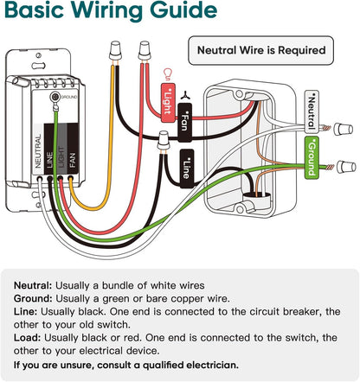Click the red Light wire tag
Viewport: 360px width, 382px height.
[168, 103]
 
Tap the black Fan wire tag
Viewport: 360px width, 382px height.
[185, 123]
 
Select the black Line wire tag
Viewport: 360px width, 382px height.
[186, 169]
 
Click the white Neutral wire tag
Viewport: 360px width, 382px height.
[312, 111]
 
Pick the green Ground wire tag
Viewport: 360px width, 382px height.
[312, 157]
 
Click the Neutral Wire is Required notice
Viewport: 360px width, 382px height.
[261, 50]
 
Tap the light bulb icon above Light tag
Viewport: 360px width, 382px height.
[167, 74]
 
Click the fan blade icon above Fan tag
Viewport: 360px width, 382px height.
[185, 95]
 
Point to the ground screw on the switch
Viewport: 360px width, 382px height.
[54, 97]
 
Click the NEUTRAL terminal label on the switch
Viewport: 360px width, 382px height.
[38, 151]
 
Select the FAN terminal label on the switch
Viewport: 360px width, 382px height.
[73, 160]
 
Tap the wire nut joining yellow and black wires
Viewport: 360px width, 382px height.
[115, 51]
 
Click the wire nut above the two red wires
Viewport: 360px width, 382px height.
[145, 51]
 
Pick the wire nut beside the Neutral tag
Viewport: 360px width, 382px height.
[344, 129]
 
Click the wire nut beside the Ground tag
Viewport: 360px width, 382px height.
[346, 167]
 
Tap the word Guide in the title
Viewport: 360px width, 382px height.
[183, 10]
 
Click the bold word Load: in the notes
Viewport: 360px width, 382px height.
[27, 338]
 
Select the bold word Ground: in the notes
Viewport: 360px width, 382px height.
[33, 299]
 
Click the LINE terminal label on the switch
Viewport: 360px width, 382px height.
[49, 160]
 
